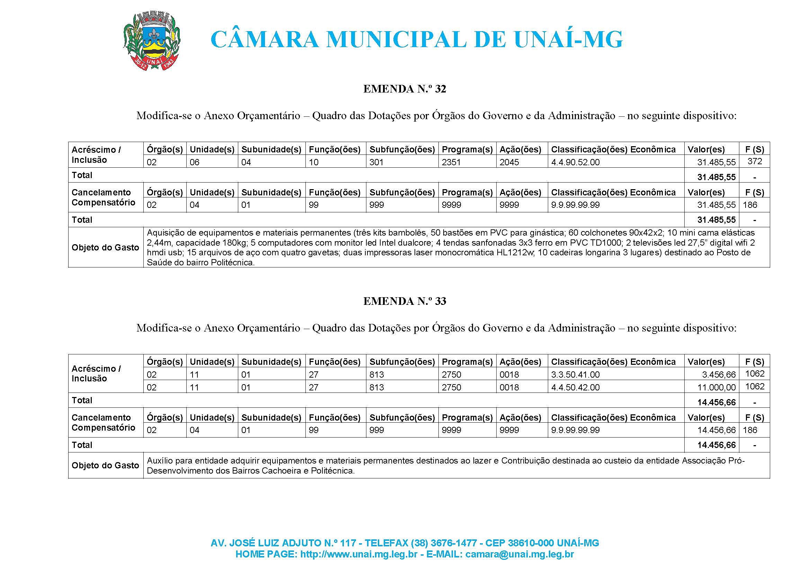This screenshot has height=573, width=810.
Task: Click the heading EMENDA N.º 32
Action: tap(404, 89)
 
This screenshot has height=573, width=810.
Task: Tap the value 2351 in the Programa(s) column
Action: tap(451, 162)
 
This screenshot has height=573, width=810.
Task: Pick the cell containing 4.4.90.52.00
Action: tap(576, 162)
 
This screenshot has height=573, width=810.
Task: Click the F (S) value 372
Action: tap(755, 161)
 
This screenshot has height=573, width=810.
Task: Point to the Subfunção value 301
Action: tap(376, 162)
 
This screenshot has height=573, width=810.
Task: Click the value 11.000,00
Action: tap(716, 387)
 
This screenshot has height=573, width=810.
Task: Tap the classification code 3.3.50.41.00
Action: tap(576, 374)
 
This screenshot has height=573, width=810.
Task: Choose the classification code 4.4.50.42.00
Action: tap(576, 387)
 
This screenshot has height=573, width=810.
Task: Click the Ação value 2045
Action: tap(509, 162)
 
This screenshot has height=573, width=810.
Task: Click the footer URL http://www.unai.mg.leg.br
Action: tap(359, 554)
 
